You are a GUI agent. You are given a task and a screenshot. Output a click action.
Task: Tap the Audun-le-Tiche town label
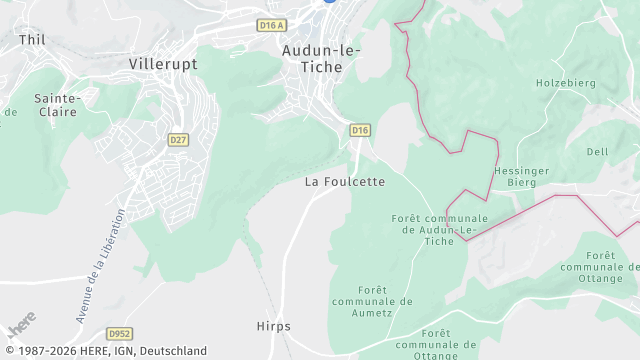click(x=321, y=58)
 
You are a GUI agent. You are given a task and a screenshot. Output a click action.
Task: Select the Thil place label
click(x=32, y=39)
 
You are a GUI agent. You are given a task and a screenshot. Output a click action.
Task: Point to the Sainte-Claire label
click(x=57, y=105)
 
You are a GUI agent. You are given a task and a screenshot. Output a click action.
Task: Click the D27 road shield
click(x=178, y=139)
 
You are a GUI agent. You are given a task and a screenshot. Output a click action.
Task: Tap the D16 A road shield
click(x=271, y=25)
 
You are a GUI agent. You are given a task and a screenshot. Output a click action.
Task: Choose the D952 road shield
click(x=120, y=333)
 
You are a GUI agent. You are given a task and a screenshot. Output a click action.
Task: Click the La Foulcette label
click(x=344, y=182)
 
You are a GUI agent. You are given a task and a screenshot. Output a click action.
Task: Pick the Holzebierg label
click(x=565, y=83)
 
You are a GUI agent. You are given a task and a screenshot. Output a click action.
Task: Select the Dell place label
click(x=597, y=152)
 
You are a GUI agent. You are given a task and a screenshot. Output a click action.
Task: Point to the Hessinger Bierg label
click(x=522, y=177)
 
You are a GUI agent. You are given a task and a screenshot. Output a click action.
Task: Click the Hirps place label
click(x=273, y=327)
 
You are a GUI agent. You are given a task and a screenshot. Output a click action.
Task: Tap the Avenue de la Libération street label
click(x=100, y=265)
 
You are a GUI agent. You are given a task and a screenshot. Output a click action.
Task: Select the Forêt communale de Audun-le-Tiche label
click(x=440, y=229)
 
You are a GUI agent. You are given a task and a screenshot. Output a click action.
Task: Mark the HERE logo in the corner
click(x=20, y=325)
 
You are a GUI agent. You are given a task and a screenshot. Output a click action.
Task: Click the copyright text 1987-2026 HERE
click(x=104, y=351)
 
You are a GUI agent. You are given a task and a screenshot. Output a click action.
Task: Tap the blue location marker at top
click(x=327, y=2)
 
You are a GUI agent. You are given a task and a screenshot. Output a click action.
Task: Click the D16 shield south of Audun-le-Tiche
click(x=360, y=130)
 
